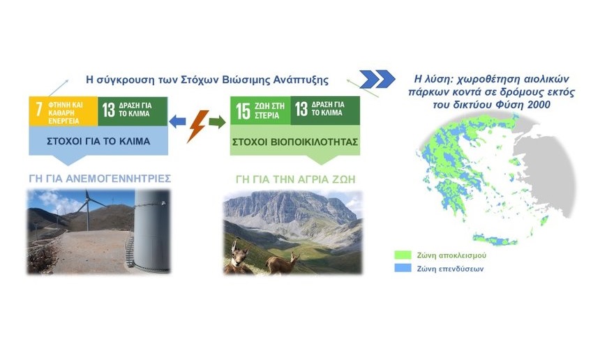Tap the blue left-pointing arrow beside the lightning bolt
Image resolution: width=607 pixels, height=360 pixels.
coord(177,121)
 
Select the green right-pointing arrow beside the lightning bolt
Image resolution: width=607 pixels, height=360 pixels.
coord(217,121)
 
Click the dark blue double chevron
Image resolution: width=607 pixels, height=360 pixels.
coord(377,79)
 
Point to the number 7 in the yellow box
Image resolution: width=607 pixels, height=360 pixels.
coord(38,110)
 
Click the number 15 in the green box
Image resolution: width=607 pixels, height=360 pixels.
coord(243,111)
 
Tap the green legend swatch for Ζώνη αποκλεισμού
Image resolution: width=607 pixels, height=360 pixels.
coord(403,255)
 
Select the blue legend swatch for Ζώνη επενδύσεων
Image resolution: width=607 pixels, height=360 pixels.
coord(403,268)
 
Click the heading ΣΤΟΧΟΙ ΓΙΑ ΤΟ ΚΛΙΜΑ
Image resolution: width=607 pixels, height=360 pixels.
coord(98,142)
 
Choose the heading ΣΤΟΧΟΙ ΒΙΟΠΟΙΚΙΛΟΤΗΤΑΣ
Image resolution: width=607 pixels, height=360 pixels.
coord(295,142)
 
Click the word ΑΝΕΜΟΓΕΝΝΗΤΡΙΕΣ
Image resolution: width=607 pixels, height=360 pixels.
coord(118,179)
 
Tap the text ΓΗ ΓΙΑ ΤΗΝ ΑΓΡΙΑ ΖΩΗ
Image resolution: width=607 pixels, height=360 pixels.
coord(295,179)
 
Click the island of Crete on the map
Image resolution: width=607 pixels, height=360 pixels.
coord(495,239)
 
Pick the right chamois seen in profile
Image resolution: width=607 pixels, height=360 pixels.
coord(283,263)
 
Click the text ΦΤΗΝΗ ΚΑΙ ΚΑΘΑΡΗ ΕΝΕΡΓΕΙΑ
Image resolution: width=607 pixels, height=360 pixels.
coord(65,113)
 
